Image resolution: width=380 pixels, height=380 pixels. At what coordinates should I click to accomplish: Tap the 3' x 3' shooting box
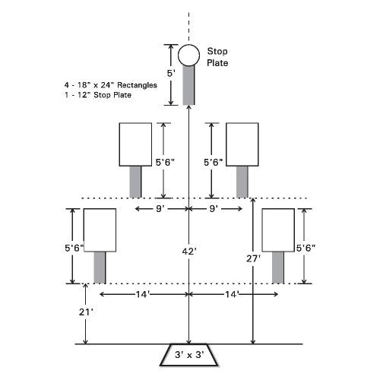[189, 355]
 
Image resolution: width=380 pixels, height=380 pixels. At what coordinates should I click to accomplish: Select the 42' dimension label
[189, 252]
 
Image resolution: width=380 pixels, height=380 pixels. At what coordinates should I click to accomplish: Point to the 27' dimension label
[253, 258]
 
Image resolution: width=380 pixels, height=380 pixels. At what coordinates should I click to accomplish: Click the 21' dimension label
[86, 312]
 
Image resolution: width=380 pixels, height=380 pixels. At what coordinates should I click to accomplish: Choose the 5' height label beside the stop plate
[171, 73]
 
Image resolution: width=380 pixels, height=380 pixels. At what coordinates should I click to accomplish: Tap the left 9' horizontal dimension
[160, 209]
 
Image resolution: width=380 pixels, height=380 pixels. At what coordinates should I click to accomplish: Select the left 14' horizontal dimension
[144, 294]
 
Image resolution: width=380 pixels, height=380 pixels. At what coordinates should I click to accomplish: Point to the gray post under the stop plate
[189, 85]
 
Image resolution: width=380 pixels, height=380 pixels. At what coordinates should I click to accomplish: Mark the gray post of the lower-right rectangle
[278, 268]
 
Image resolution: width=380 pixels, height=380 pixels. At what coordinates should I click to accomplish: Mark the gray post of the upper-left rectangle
[135, 182]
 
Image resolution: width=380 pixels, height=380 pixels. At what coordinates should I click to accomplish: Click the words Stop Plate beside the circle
[217, 57]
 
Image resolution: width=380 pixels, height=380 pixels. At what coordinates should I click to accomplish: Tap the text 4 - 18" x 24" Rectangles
[111, 85]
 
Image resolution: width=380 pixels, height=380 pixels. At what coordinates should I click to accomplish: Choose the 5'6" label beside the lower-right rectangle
[306, 248]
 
